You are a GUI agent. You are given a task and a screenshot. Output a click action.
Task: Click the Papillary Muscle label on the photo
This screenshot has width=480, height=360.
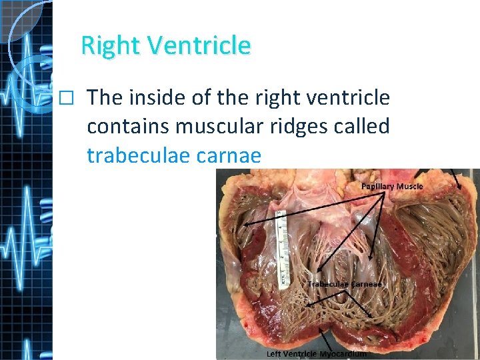pos(392,186)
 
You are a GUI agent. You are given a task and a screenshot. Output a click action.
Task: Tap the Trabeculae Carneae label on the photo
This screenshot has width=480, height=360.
pos(345,284)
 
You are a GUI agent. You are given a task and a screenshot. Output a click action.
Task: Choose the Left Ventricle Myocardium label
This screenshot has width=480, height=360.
pos(317,354)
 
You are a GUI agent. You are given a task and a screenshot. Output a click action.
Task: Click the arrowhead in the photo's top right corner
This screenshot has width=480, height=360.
pos(461,187)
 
